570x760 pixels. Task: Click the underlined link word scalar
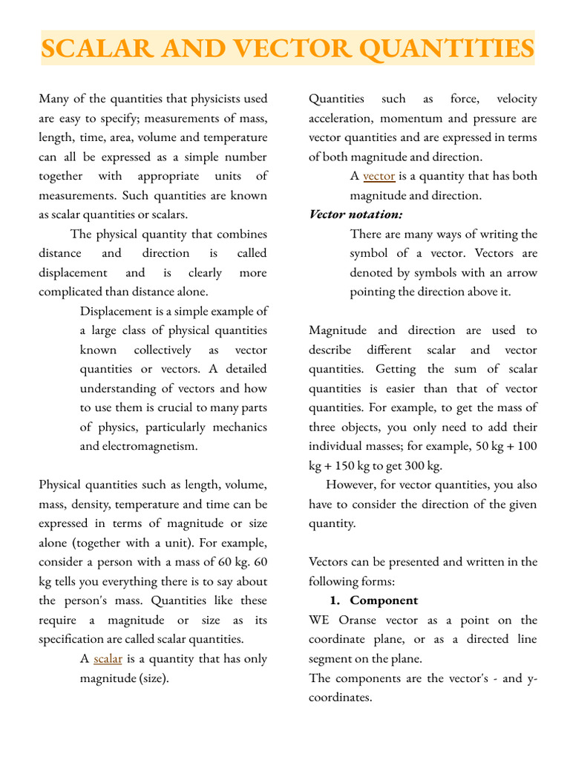coord(108,658)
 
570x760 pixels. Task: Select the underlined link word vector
coord(379,176)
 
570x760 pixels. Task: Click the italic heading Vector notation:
coord(356,214)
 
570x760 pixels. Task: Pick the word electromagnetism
coord(139,446)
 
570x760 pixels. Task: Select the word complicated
coord(76,292)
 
